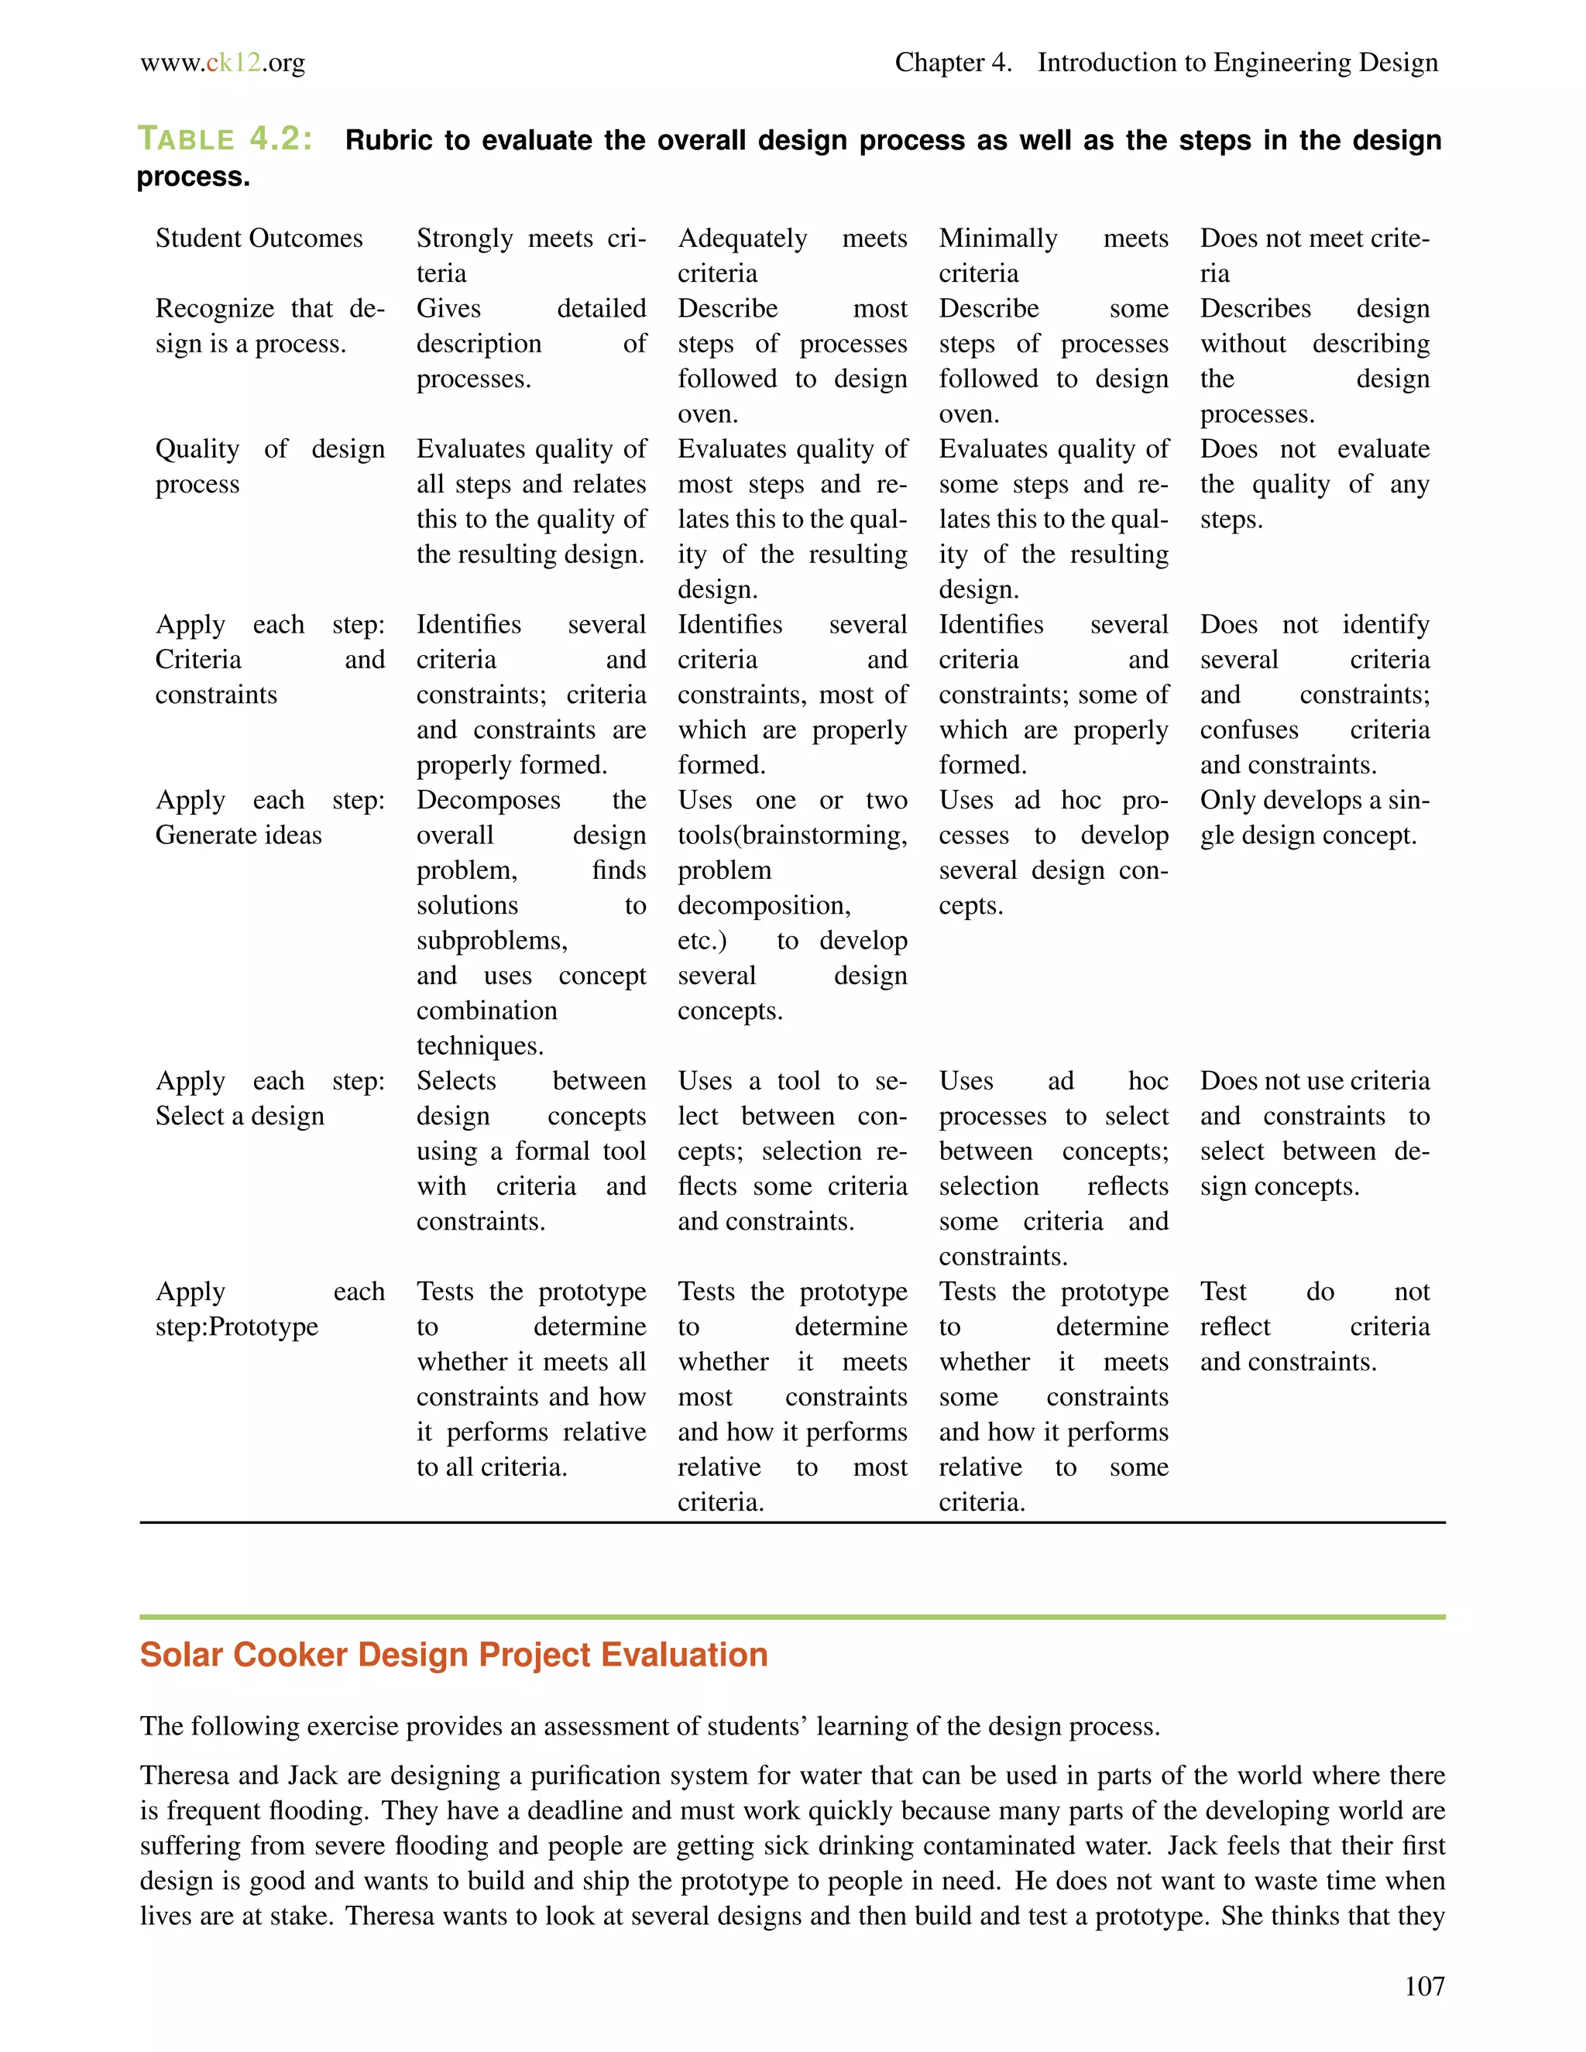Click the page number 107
coord(1423,1986)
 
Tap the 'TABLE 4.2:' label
coord(225,139)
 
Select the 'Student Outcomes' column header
coord(259,238)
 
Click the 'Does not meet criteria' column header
coord(1313,256)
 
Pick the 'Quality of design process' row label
coord(269,466)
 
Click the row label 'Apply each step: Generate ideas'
coord(269,818)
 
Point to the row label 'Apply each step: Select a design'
coord(269,1098)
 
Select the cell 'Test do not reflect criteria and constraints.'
coord(1313,1326)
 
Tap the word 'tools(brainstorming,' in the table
coord(792,836)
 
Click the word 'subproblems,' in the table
coord(492,941)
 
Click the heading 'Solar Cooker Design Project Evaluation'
coord(454,1655)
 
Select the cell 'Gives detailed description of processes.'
coord(530,344)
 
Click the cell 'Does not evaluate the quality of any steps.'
coord(1313,484)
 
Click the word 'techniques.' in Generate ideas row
coord(480,1045)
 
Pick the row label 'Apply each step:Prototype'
coord(269,1309)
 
